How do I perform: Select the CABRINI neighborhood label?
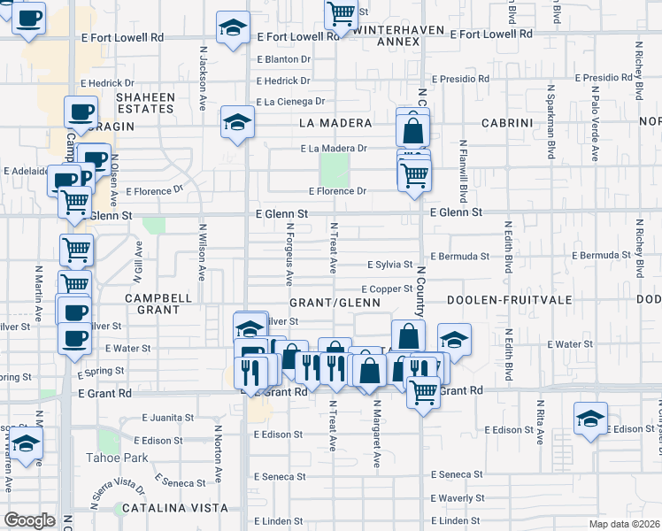506,122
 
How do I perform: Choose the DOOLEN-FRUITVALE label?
504,301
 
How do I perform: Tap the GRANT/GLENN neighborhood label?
346,302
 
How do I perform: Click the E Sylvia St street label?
390,265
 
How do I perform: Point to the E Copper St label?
387,289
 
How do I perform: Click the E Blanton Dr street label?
283,59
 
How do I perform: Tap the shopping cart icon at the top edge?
341,14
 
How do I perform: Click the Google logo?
29,519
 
